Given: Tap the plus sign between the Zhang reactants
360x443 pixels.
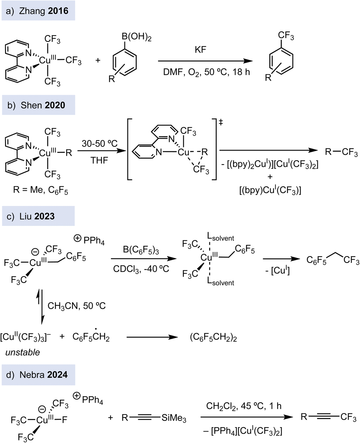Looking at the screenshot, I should click(x=98, y=60).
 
